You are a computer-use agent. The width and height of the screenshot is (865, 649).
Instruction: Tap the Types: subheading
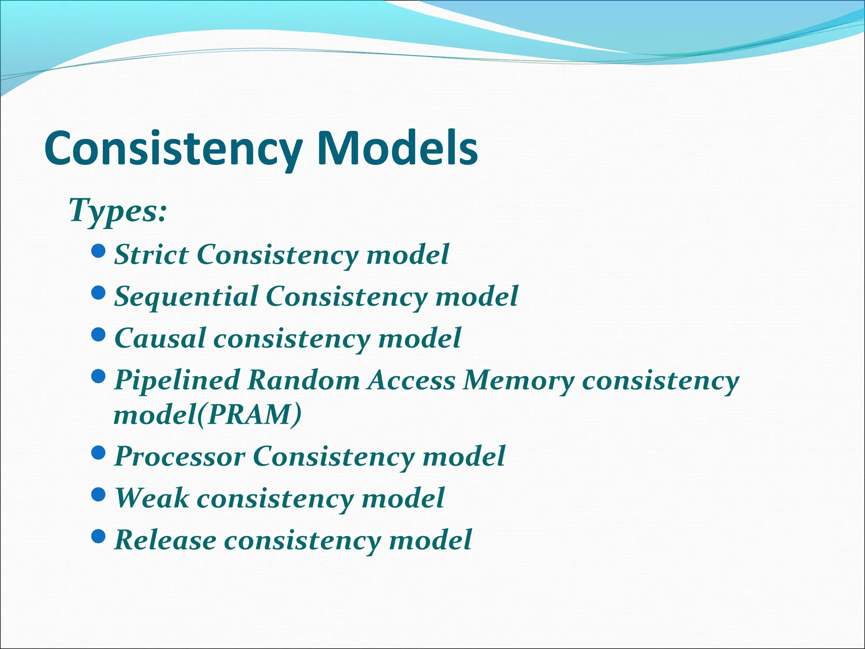[117, 210]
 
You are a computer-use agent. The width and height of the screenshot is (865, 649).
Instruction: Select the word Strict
[151, 255]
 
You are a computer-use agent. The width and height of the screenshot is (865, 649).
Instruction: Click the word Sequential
[186, 296]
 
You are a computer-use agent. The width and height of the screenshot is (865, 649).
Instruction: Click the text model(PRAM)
[207, 415]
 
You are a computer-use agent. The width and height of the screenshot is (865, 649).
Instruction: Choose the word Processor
[180, 456]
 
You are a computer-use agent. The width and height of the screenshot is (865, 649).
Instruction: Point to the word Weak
[152, 498]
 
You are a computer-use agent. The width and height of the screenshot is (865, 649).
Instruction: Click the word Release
[165, 540]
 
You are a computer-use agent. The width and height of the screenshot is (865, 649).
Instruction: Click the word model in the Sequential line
[476, 296]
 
